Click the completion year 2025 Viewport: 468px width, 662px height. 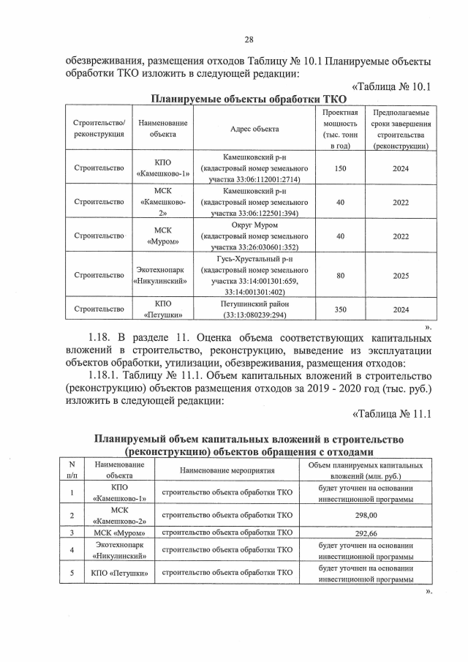point(400,275)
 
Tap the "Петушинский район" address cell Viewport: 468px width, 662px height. point(254,309)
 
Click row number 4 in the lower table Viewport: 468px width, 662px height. point(72,550)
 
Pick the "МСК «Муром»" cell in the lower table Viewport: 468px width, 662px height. point(118,533)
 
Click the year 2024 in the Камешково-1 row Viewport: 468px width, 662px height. point(400,168)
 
